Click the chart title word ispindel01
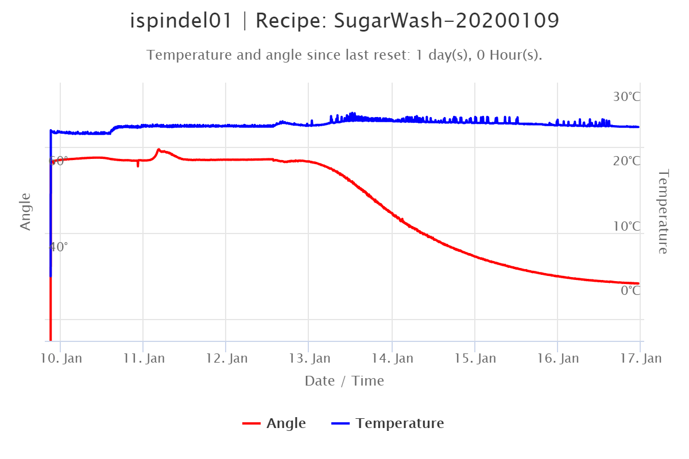click(180, 21)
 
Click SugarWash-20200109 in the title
click(446, 21)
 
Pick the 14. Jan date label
click(393, 359)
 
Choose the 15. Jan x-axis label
click(476, 359)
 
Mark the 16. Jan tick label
click(559, 359)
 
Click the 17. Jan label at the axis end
click(641, 359)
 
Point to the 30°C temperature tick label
click(626, 96)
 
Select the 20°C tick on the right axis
click(626, 161)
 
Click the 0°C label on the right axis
click(629, 290)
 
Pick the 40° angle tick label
click(58, 247)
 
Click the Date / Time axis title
click(344, 381)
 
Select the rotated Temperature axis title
click(663, 211)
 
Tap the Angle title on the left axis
click(25, 212)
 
